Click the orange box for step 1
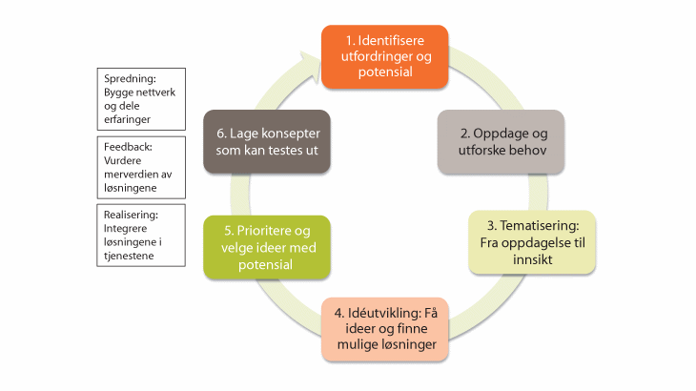(384, 54)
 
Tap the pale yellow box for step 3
(532, 242)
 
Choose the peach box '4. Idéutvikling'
(384, 327)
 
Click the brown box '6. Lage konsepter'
(268, 140)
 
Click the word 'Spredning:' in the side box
(128, 79)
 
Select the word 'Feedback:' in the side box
(128, 148)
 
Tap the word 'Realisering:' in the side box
(130, 216)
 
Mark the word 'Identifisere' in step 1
(395, 42)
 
